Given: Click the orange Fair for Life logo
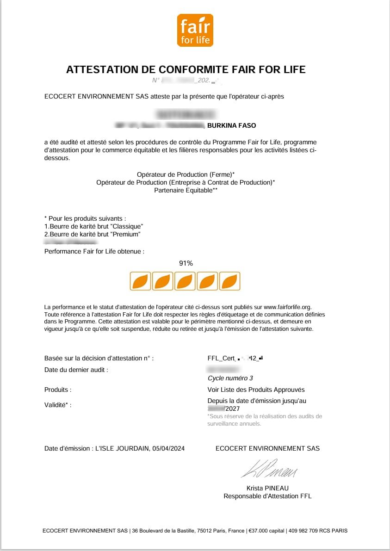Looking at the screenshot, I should (195, 31).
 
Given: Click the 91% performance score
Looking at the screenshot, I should (186, 263).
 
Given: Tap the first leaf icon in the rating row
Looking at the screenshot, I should (140, 281).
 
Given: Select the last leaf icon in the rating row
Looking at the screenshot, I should (229, 281).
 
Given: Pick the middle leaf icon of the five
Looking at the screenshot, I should (185, 281).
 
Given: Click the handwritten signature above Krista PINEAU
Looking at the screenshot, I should (269, 469).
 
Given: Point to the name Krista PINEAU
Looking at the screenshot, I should (267, 488).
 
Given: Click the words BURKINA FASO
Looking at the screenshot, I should (231, 126).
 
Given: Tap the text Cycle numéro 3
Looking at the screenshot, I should (230, 378).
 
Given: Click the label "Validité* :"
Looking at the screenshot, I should (58, 405).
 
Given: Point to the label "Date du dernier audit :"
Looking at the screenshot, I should (76, 370).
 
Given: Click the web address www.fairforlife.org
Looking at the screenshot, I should (287, 307).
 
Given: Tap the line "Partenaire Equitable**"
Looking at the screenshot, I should (186, 190).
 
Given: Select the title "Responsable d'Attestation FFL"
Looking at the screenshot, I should (267, 496).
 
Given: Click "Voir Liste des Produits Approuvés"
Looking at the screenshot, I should (256, 390).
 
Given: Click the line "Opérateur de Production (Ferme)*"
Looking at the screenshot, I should (186, 174).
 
